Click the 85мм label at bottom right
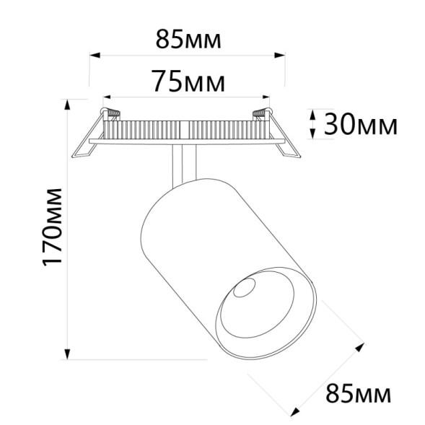[x=359, y=394]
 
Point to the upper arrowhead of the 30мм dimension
[x=312, y=114]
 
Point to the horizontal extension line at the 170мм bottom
[x=137, y=358]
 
